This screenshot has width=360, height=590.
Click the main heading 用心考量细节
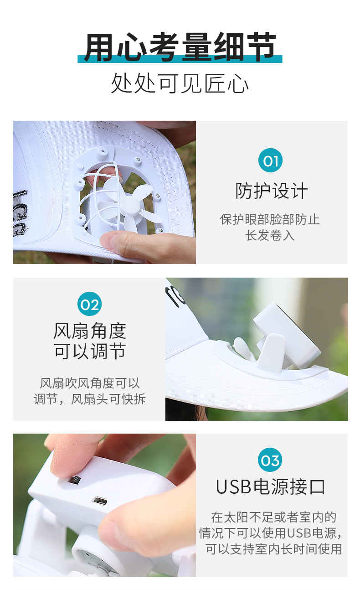coord(180,47)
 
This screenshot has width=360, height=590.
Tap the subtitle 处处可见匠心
coord(180,84)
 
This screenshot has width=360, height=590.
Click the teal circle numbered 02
coord(89,304)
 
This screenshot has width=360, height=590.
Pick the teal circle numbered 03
coord(270,460)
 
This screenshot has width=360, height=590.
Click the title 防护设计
coord(271,191)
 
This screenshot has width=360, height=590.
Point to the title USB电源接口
coord(271,487)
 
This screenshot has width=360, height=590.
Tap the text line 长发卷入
coord(270,235)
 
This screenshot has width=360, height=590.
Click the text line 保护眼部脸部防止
coord(270,219)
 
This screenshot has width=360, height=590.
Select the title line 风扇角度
coord(90,331)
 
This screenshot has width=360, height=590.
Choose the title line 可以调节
coord(90,352)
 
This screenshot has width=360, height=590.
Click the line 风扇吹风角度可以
coord(90,383)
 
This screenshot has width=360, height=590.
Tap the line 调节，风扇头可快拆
coord(90,399)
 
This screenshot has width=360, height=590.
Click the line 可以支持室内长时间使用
coord(273,549)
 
